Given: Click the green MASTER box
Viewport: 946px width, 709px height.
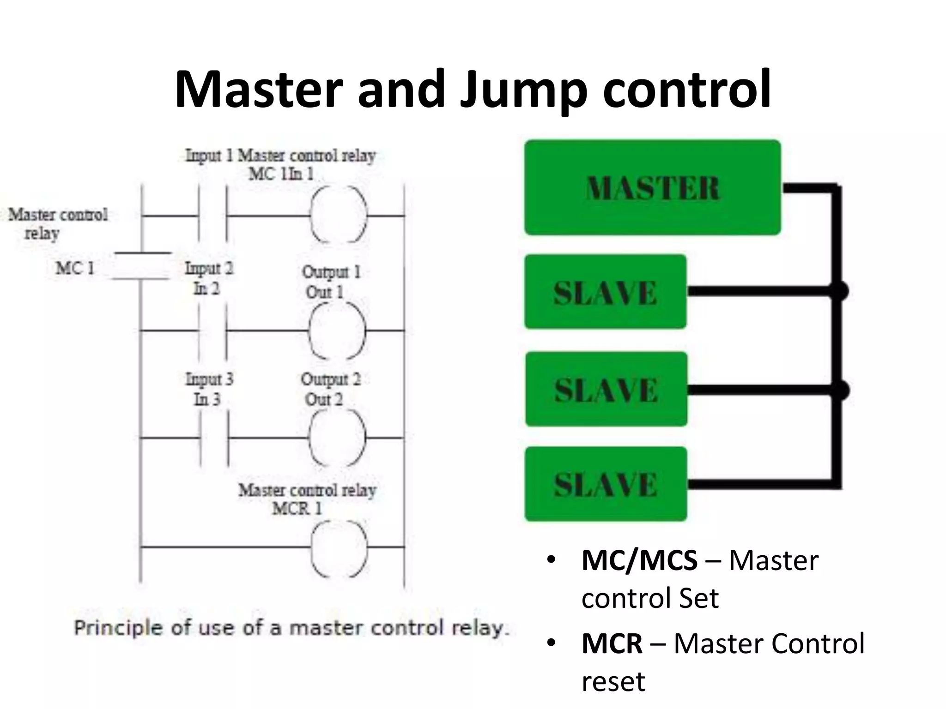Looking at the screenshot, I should [652, 188].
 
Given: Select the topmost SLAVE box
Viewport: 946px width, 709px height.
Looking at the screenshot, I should [605, 292].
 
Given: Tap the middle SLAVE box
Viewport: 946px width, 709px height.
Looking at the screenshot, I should [606, 389].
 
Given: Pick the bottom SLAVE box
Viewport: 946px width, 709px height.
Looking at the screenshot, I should [606, 484].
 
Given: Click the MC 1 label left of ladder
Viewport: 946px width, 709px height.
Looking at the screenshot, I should [75, 268].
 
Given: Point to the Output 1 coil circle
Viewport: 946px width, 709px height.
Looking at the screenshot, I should [337, 330].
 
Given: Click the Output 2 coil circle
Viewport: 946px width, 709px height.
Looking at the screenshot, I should [337, 438].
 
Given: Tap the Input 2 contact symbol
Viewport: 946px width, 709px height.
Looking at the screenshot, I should [213, 330].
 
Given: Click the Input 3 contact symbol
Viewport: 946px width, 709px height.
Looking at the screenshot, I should [214, 438].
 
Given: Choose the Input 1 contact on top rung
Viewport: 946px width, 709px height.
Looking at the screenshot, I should [213, 215].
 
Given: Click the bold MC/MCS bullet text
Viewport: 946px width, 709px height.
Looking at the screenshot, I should [639, 560].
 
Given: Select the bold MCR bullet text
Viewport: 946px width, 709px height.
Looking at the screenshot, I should [612, 643].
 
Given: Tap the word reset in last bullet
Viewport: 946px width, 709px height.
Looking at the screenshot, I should [612, 681].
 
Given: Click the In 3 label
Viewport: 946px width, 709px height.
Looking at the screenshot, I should [207, 399].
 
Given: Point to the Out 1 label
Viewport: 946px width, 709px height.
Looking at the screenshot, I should [324, 292].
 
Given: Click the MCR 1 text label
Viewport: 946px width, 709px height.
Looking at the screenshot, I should [297, 509].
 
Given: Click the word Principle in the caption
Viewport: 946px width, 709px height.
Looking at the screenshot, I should [118, 628].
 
